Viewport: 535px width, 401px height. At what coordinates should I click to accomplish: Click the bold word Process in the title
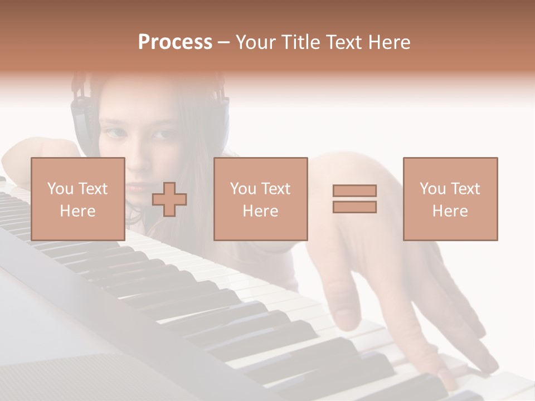coord(175,42)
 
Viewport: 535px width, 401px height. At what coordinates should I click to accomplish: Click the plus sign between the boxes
coord(169,199)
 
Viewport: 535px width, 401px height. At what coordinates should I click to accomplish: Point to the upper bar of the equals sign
coord(354,190)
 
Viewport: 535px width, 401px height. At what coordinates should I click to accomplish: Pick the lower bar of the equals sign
coord(354,207)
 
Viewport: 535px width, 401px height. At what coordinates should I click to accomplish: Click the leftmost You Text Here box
coord(78,199)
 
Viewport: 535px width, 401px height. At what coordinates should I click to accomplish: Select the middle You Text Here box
coord(261,199)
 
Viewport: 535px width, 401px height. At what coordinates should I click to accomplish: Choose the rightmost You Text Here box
coord(450,199)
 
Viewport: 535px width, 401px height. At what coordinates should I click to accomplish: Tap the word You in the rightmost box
coord(432,189)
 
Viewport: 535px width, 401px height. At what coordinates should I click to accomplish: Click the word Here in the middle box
coord(261,211)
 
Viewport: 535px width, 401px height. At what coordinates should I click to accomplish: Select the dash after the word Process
coord(224,42)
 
